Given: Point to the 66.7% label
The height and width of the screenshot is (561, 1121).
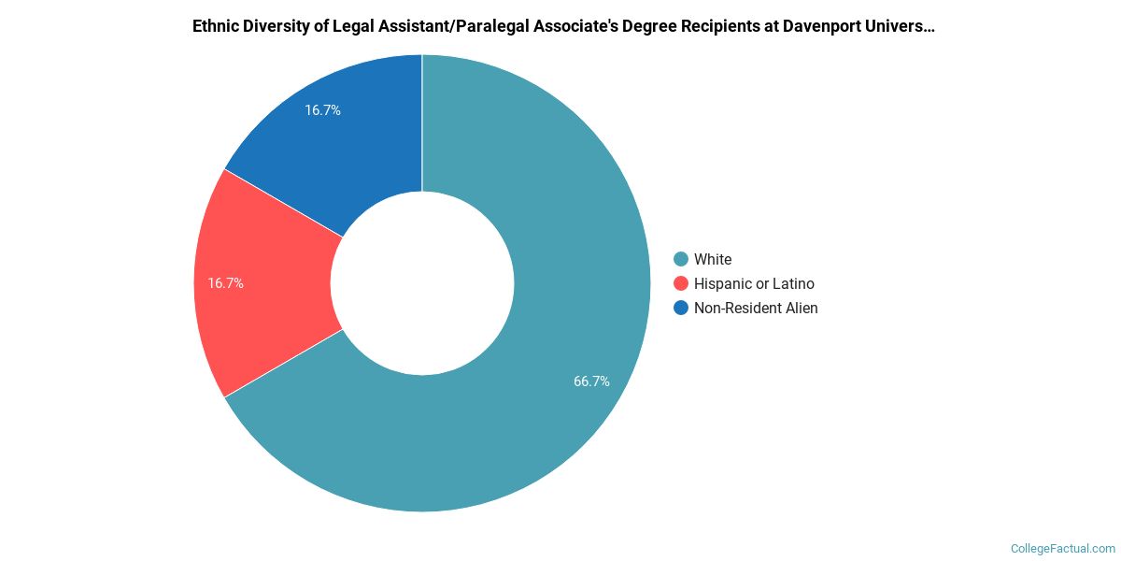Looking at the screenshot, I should (591, 381).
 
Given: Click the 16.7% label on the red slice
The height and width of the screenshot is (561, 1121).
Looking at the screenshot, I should (225, 282).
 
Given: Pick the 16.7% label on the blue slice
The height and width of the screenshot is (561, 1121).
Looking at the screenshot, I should (322, 110).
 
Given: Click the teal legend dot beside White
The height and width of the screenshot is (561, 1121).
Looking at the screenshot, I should (681, 259).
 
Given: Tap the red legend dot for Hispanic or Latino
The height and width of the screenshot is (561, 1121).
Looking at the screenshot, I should (681, 283).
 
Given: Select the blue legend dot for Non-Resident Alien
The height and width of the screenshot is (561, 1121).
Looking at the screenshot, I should (681, 308).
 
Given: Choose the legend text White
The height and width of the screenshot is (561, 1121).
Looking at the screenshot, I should (713, 259).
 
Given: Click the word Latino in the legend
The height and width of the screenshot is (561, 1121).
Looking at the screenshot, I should (793, 283).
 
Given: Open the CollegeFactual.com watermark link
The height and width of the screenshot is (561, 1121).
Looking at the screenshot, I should (1063, 548).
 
